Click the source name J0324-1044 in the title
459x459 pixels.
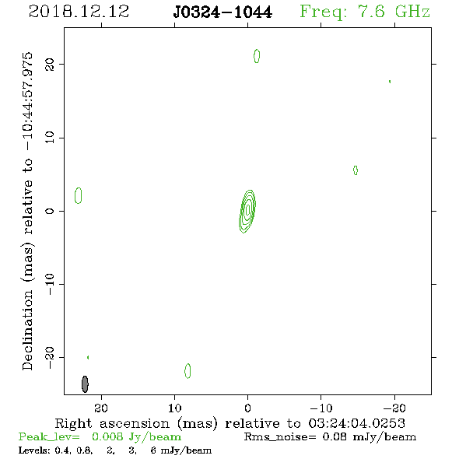(x=222, y=12)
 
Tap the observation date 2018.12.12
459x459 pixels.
(x=79, y=12)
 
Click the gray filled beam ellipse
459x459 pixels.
(x=85, y=384)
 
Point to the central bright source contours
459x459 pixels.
(x=247, y=212)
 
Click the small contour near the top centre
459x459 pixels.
(x=257, y=56)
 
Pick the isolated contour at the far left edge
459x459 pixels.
(x=78, y=195)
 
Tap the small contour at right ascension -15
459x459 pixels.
(x=356, y=170)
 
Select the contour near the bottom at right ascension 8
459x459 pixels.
(x=187, y=371)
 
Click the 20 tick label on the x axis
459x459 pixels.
(x=101, y=408)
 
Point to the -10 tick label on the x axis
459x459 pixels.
(x=321, y=408)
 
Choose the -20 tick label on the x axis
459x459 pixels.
(x=394, y=408)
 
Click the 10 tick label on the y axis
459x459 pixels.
(x=50, y=138)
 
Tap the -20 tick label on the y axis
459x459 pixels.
(x=50, y=357)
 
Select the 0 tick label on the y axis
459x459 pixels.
(x=50, y=211)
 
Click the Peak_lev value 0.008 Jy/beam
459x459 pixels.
(x=136, y=436)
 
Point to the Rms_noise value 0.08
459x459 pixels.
(x=335, y=436)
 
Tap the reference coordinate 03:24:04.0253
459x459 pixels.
(x=356, y=423)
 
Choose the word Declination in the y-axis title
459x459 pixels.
(x=27, y=330)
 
